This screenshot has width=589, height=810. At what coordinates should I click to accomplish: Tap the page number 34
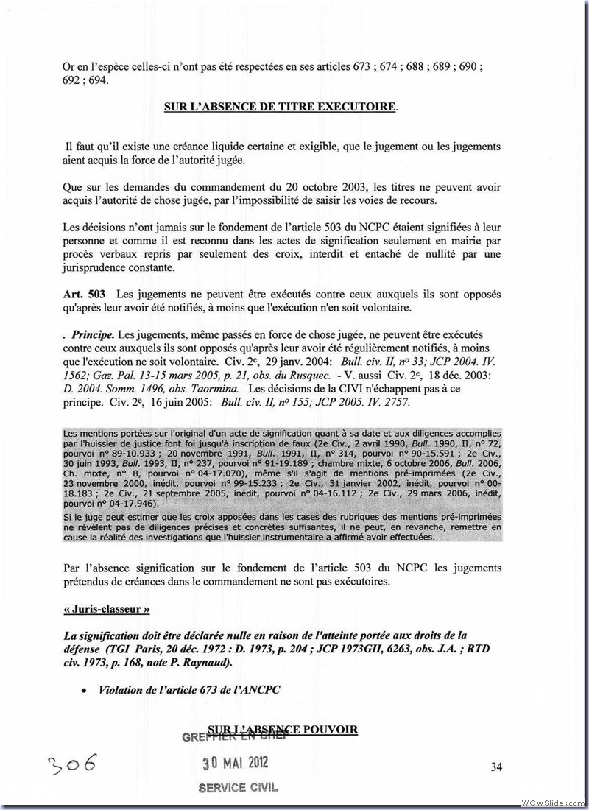(496, 767)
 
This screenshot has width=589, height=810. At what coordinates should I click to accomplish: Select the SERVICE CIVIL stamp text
(238, 786)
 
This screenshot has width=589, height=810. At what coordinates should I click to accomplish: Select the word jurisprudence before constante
(97, 267)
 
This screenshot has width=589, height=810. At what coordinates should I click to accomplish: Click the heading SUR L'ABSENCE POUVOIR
(283, 729)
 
